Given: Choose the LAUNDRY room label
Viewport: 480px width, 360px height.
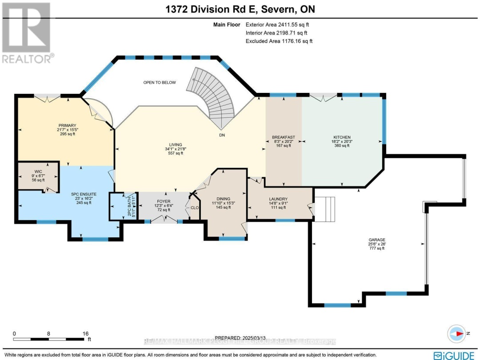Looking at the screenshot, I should pos(278,199).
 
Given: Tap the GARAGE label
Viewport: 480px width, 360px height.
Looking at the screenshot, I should pos(376,240).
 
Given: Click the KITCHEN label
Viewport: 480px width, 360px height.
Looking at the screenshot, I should pos(342,137).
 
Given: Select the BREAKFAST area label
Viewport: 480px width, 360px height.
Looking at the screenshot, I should pos(284,137).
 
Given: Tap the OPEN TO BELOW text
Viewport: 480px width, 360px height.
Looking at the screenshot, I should pos(159,83).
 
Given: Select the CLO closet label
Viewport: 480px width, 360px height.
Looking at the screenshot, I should pos(194,207).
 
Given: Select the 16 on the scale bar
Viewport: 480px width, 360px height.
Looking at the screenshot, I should pos(85,333).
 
